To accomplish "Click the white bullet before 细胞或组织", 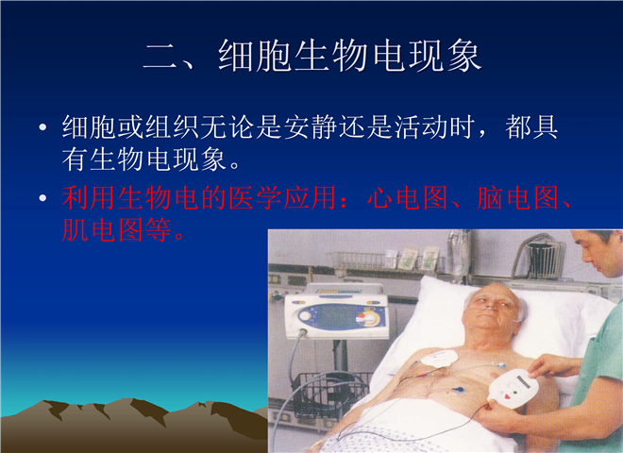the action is (x=42, y=127).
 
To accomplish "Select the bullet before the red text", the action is (x=42, y=198).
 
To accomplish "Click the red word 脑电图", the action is (x=518, y=197).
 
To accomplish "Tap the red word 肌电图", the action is (x=103, y=229).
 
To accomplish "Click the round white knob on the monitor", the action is (x=305, y=316).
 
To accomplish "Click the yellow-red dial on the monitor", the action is (x=370, y=319).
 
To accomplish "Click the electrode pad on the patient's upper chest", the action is (x=440, y=358).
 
